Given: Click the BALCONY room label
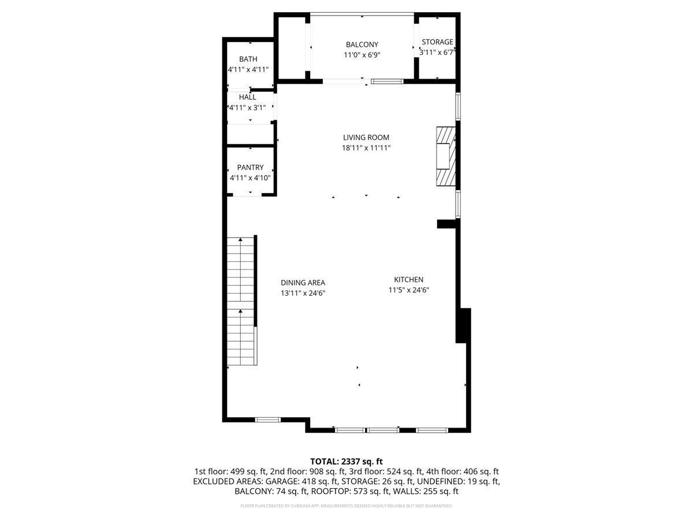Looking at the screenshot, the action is (362, 44).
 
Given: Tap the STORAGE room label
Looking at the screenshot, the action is (437, 42).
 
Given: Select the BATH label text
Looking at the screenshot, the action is (248, 59).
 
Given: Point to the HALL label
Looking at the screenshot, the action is (247, 97).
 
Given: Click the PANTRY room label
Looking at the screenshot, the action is (250, 168).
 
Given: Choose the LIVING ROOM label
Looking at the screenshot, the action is (366, 138).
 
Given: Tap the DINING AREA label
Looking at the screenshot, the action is (303, 283).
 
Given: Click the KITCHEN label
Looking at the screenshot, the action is (408, 280).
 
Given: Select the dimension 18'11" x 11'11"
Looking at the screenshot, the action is (366, 148).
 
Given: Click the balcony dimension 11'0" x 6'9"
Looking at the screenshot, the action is (362, 55).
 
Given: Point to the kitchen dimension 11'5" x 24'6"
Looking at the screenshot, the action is (408, 290).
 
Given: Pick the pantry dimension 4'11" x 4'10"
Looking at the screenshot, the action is (250, 178).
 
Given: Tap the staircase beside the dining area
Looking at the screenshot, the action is (241, 300).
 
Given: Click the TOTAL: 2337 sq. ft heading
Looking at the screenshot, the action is (346, 462).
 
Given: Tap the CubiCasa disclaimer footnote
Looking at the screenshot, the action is (346, 506).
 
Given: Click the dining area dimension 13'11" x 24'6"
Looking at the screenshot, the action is (303, 293).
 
